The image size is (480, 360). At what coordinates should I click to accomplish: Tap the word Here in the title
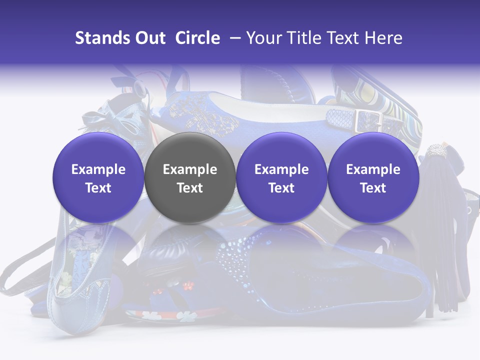tap(384, 38)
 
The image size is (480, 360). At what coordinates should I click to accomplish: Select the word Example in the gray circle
tap(190, 169)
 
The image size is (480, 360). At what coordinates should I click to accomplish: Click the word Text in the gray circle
tap(190, 188)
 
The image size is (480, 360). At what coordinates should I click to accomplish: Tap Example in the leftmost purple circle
tap(98, 169)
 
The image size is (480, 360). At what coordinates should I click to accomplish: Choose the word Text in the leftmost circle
tap(98, 188)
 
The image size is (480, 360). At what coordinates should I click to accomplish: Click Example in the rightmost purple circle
tap(373, 169)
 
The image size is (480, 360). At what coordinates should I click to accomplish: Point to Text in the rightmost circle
tap(373, 188)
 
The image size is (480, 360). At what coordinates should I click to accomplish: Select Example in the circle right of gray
tap(281, 169)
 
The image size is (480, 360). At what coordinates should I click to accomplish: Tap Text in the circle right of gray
tap(281, 188)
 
